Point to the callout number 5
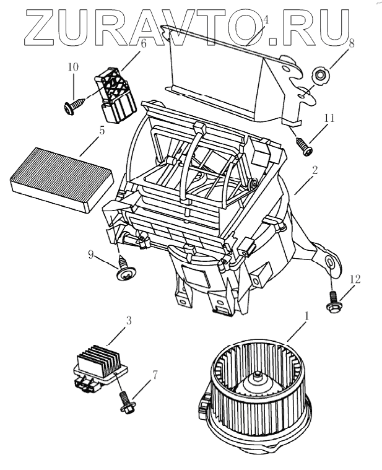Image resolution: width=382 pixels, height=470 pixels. click(x=102, y=131)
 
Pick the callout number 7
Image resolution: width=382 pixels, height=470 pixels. click(x=155, y=374)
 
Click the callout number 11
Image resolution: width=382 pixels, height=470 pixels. click(x=329, y=117)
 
